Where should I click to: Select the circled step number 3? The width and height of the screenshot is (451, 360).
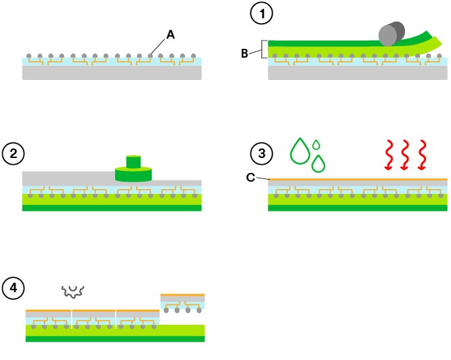[x=262, y=153]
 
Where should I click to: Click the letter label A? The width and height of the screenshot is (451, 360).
[x=170, y=35]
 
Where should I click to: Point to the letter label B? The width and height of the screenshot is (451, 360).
[x=245, y=54]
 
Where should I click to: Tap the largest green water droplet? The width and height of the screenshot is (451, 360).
[x=299, y=151]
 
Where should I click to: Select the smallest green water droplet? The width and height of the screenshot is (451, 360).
[x=316, y=144]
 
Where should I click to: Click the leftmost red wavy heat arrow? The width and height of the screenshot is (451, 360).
[x=390, y=155]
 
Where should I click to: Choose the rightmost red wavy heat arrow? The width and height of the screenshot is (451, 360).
[x=424, y=155]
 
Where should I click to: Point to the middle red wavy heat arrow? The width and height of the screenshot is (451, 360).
[x=407, y=155]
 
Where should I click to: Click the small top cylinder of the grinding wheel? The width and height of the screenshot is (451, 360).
[x=134, y=161]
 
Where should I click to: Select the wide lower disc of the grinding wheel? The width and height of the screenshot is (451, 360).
[x=134, y=174]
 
